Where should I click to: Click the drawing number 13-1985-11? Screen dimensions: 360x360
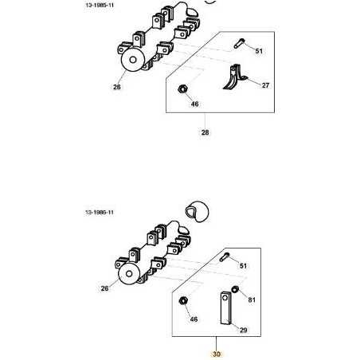[100, 5]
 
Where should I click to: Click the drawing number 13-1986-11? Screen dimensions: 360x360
[100, 212]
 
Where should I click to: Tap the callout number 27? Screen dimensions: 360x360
[265, 85]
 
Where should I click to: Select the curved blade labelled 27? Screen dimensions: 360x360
[234, 77]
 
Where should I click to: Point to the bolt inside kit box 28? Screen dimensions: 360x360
[240, 43]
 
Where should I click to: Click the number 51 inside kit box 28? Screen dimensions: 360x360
[259, 51]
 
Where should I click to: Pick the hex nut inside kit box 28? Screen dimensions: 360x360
[182, 88]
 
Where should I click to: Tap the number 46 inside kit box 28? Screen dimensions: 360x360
[195, 104]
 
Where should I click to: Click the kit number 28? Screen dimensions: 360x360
[205, 132]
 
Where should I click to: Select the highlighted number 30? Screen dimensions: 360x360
[217, 354]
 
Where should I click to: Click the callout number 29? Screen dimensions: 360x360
[244, 330]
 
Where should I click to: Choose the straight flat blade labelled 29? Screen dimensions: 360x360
[225, 308]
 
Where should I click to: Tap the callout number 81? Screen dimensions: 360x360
[252, 299]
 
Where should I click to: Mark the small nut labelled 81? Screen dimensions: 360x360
[235, 289]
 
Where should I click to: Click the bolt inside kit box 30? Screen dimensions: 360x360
[225, 257]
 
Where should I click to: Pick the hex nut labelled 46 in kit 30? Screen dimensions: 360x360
[182, 301]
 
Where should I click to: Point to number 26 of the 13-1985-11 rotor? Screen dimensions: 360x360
[117, 87]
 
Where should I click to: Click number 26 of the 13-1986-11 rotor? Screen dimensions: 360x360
[104, 288]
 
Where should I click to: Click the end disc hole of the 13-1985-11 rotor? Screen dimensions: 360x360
[133, 60]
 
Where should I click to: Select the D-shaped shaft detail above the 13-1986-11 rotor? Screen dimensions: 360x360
[197, 211]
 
